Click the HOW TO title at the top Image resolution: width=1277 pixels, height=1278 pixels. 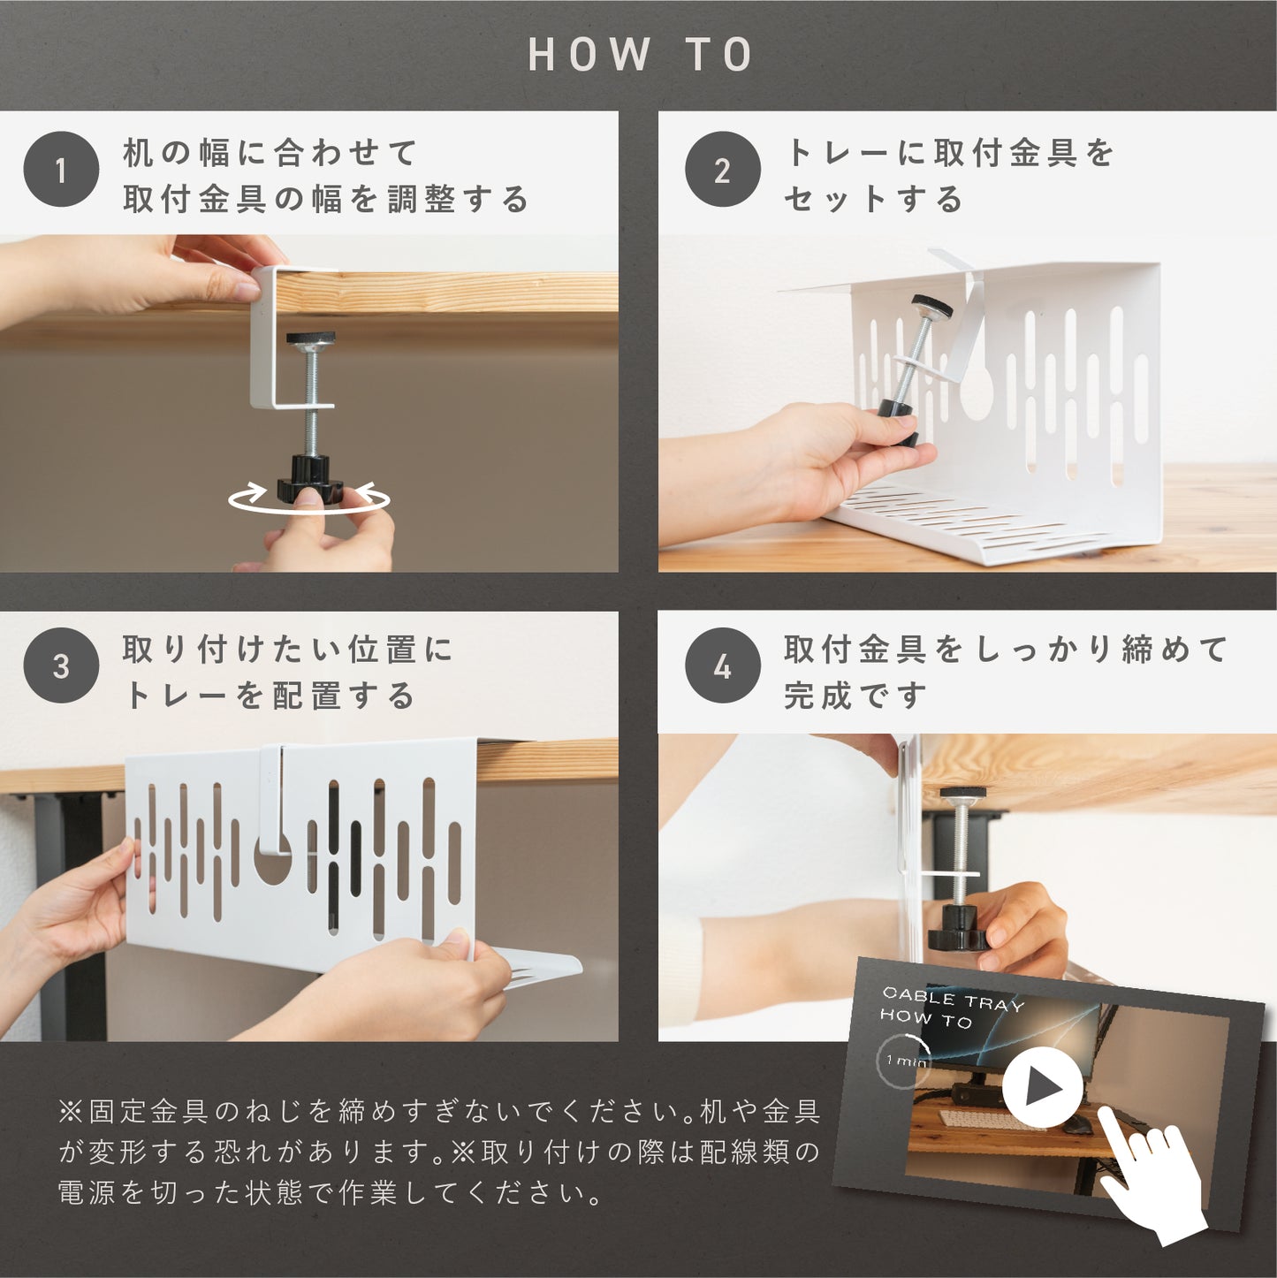640,54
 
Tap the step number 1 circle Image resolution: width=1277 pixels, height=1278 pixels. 61,169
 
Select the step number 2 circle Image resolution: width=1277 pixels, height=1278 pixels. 722,169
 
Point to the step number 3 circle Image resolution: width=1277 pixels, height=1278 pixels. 61,666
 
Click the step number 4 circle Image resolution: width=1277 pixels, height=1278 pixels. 722,666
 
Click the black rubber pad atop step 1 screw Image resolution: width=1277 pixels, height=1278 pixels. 310,339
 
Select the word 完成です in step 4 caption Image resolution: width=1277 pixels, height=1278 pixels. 855,696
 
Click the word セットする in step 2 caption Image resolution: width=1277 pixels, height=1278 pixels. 873,199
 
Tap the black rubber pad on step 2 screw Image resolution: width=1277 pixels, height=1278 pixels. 931,307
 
